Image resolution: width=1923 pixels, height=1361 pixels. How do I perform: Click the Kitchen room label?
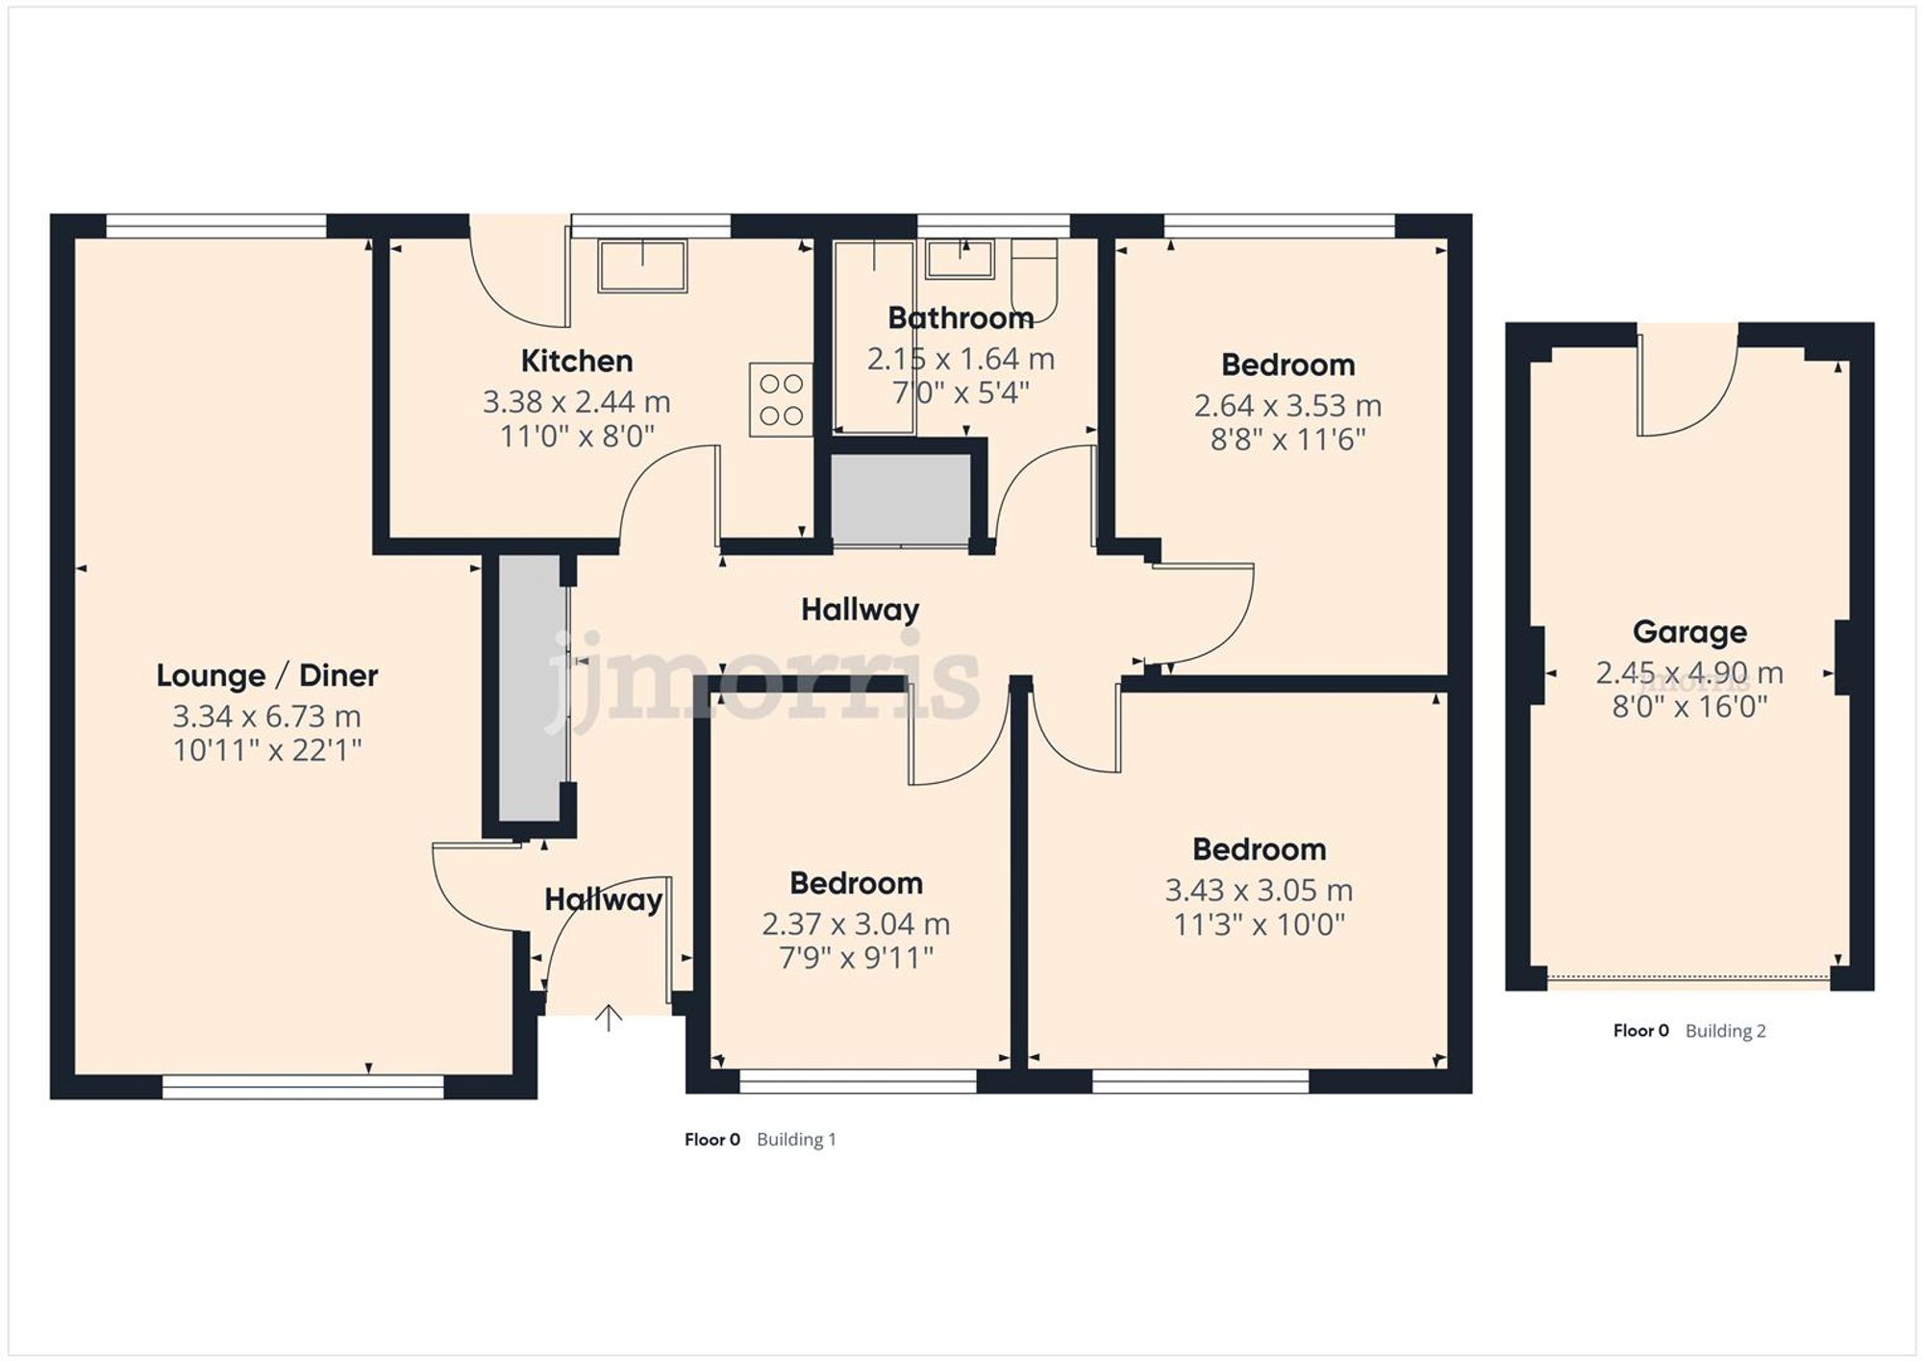click(x=576, y=362)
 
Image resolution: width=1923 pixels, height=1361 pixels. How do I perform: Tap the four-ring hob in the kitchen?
click(x=780, y=399)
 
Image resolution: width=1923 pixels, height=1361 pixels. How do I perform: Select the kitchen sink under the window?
click(x=641, y=265)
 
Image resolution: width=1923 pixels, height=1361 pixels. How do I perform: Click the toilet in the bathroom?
click(x=1034, y=279)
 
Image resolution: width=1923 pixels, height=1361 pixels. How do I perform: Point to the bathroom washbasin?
click(x=960, y=259)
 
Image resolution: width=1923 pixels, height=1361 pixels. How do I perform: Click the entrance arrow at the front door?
click(x=608, y=1018)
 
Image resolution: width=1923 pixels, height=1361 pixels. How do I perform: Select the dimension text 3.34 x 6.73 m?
click(x=266, y=717)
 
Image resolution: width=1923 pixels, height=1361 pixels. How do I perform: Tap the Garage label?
click(x=1689, y=632)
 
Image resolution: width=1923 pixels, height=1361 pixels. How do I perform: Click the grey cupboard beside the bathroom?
click(x=900, y=498)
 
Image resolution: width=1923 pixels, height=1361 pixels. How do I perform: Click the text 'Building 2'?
click(x=1725, y=1031)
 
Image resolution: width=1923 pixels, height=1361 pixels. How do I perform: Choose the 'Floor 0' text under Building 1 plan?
click(x=712, y=1140)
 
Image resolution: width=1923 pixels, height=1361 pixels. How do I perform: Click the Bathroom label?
click(x=960, y=317)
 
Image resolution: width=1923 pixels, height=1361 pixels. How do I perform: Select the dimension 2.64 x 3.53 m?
click(x=1287, y=406)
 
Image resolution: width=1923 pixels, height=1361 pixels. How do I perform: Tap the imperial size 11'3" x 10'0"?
click(x=1259, y=925)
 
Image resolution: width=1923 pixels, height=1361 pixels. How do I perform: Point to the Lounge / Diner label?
click(x=266, y=675)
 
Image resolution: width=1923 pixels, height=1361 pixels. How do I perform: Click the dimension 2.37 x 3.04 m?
click(x=856, y=924)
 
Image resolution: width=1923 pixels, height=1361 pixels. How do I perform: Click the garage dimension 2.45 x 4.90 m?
click(x=1689, y=673)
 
